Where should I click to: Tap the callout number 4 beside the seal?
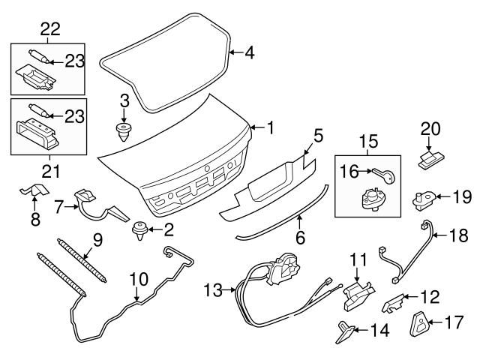[x=250, y=53]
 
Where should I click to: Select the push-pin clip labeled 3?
[x=123, y=133]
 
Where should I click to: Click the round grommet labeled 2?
[x=138, y=227]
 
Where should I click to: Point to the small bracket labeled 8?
[x=30, y=192]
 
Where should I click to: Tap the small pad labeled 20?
[x=429, y=159]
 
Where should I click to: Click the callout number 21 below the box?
[x=49, y=171]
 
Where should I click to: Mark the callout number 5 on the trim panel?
[x=319, y=136]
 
